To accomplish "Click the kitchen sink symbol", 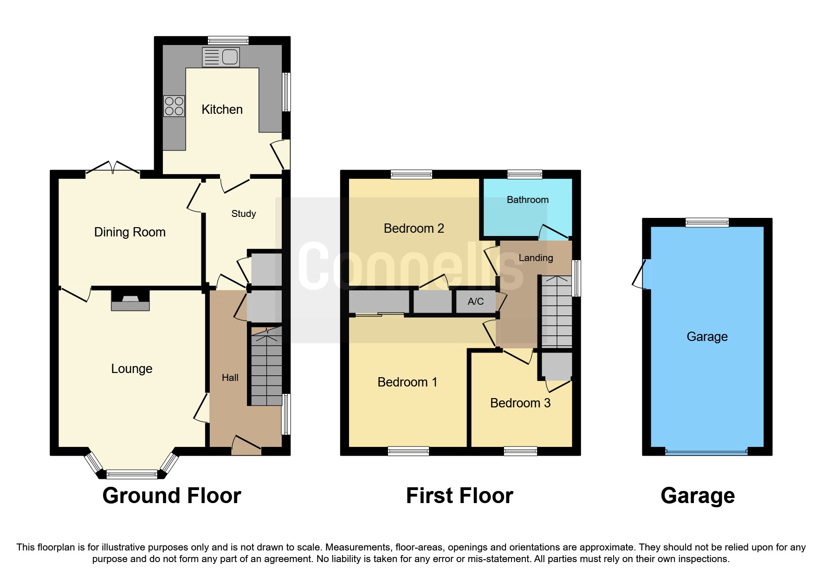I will [221, 57].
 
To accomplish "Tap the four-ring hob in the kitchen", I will [174, 106].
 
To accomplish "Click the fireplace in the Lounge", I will [130, 301].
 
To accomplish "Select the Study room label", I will [244, 214].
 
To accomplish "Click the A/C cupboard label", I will [476, 301].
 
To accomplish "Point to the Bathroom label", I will [527, 200].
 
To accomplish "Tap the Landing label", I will [536, 258].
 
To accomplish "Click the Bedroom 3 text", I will [520, 403].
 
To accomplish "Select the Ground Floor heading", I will [172, 496].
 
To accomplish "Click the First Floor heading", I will [460, 496].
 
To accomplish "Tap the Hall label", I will [230, 378].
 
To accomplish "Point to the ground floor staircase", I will [266, 367].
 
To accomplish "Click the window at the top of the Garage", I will [707, 223].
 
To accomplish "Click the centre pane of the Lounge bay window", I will [132, 474].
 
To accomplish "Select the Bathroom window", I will [524, 175].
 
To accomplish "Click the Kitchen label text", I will [222, 110].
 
